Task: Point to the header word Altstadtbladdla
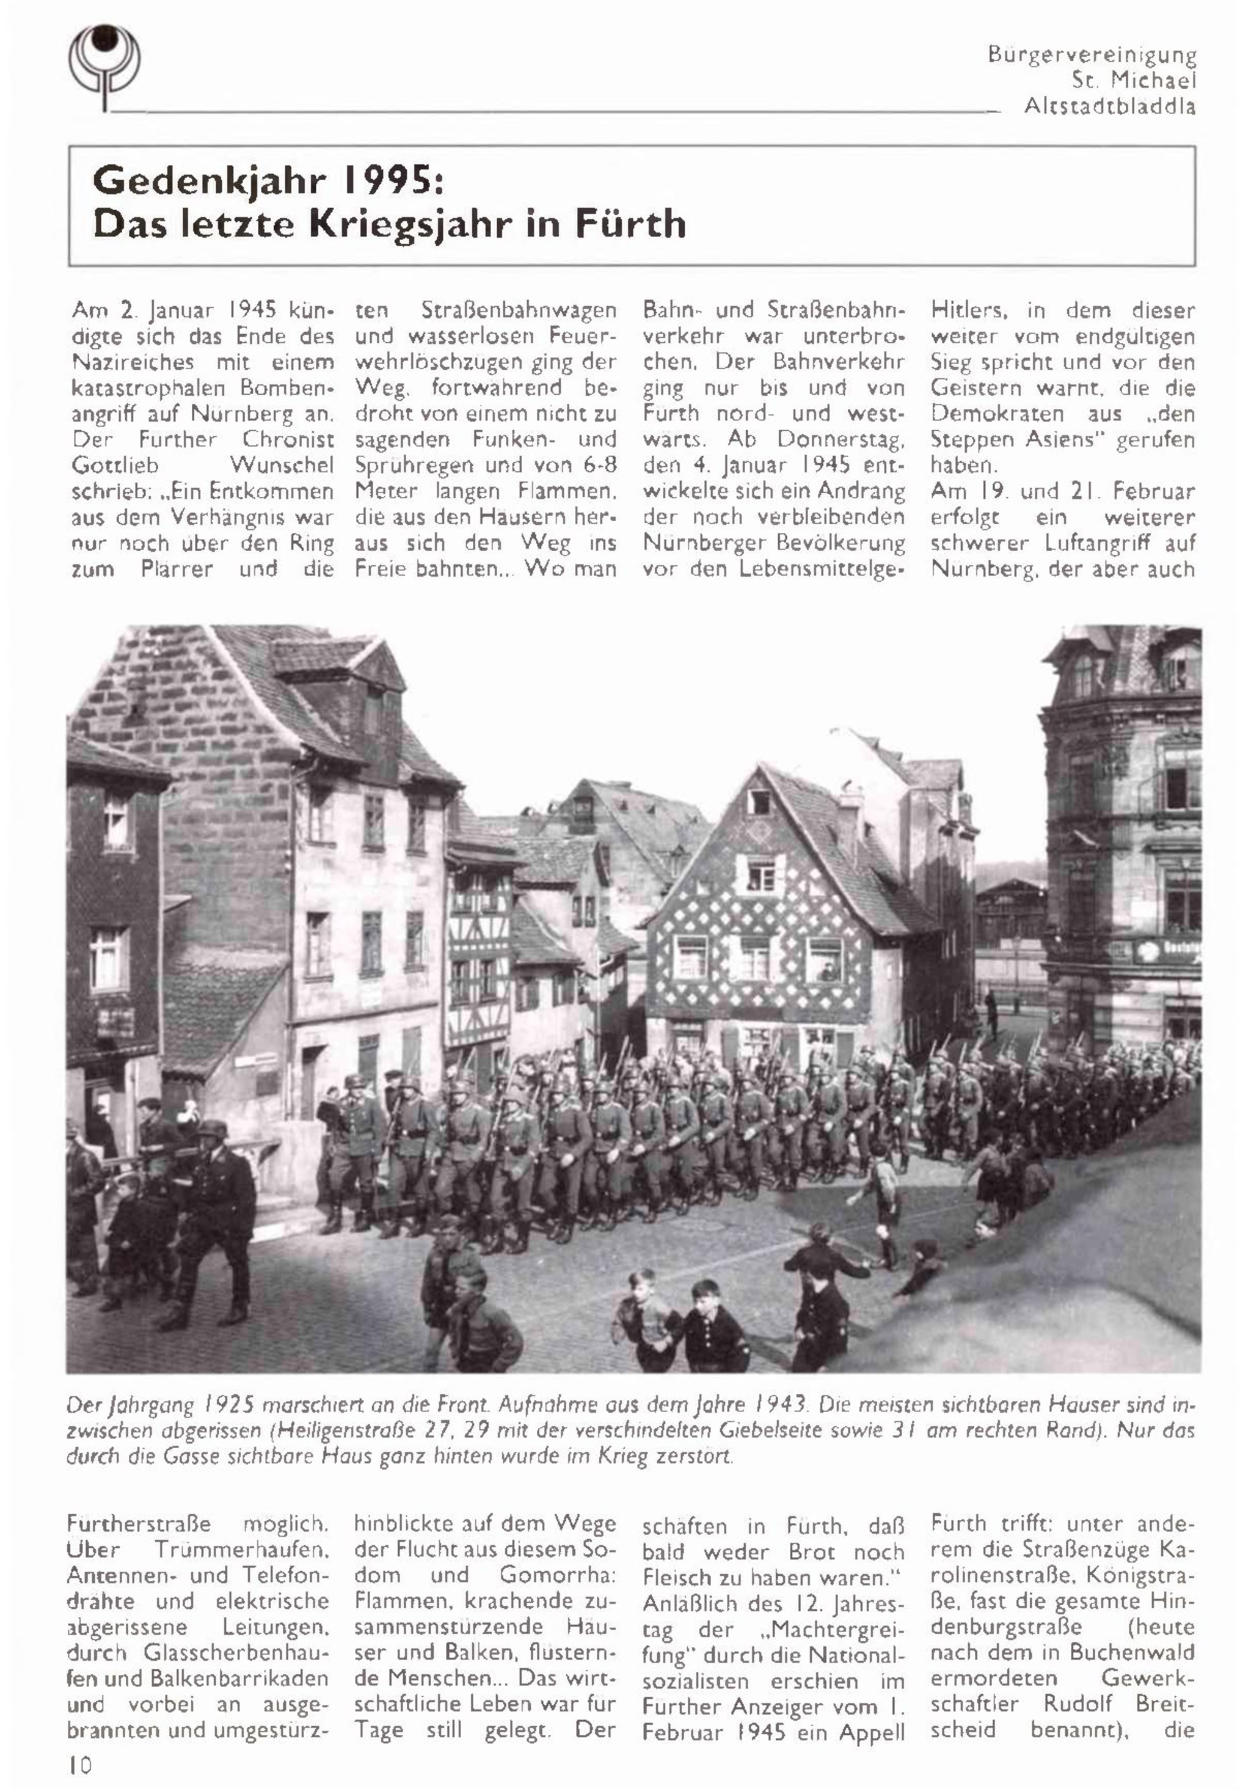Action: pos(1109,106)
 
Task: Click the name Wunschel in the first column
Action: pos(282,466)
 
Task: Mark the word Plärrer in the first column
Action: pos(177,569)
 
